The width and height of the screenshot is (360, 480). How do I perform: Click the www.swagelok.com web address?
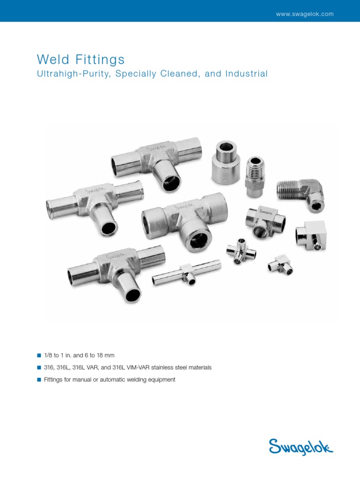click(305, 14)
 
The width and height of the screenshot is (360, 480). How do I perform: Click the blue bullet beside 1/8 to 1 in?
click(39, 356)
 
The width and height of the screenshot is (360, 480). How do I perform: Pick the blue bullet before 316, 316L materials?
click(39, 368)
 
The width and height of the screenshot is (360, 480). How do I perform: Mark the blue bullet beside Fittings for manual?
click(39, 380)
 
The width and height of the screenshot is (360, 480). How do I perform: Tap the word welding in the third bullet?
click(136, 380)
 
